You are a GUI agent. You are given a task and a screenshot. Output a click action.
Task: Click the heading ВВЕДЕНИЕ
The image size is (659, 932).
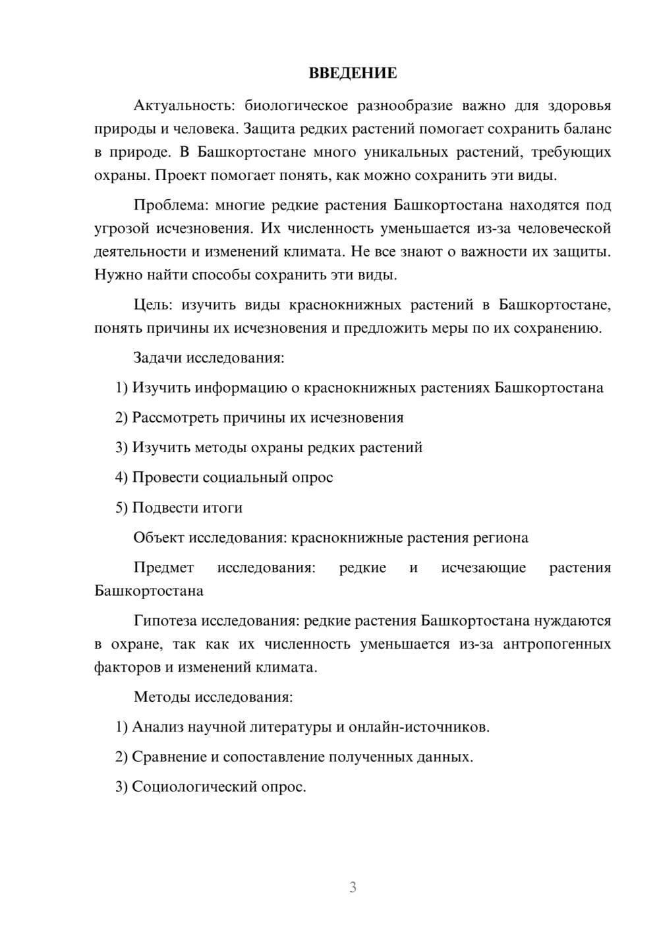click(x=353, y=73)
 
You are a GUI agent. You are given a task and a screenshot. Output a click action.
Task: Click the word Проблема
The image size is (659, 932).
click(x=170, y=205)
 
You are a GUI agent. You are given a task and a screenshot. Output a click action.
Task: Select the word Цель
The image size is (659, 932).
click(x=153, y=305)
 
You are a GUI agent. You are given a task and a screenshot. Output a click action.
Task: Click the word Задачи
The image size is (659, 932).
click(x=158, y=358)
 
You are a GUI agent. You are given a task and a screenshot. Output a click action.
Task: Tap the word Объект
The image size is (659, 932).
click(x=159, y=538)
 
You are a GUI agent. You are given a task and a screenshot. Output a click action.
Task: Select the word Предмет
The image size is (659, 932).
click(x=163, y=568)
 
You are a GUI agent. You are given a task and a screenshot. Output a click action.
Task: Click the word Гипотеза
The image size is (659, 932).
click(x=165, y=621)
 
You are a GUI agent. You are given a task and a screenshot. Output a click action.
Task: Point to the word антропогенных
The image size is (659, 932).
click(x=556, y=644)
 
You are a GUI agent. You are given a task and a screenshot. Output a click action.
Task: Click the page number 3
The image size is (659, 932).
click(x=353, y=887)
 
